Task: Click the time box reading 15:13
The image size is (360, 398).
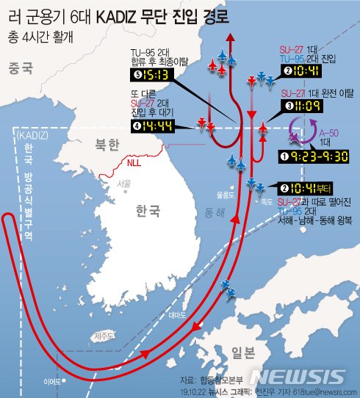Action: pos(151,74)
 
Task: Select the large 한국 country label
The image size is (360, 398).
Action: pos(140,211)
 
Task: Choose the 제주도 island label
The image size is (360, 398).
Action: pos(103,336)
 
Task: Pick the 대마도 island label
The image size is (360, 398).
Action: pos(178,314)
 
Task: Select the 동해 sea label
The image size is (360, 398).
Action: pos(215,212)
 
